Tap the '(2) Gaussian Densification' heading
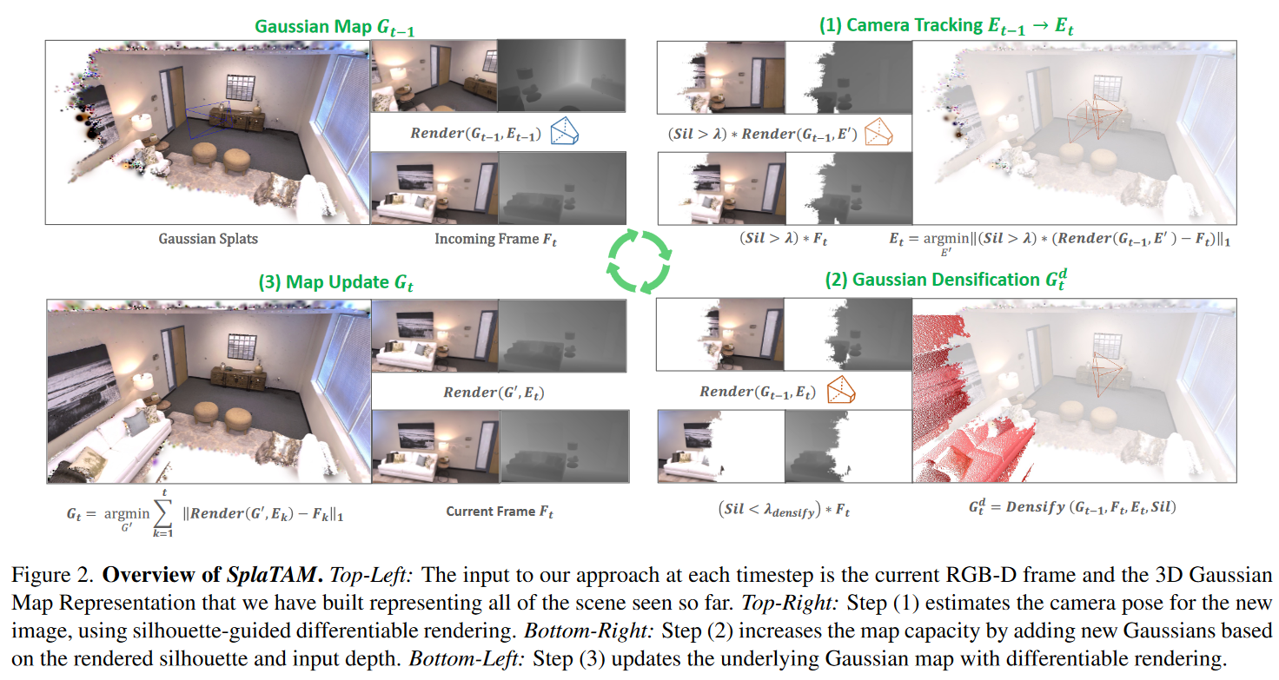pos(943,280)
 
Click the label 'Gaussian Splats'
pos(208,239)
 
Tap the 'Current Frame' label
pos(499,512)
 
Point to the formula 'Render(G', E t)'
pos(494,393)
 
